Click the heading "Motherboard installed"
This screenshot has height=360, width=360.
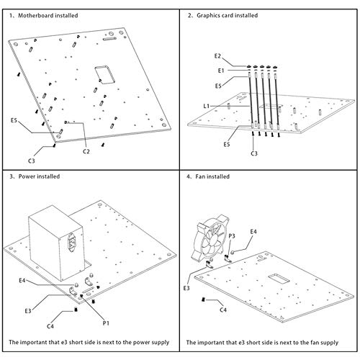[48, 16]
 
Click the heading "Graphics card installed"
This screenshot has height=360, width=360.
[228, 15]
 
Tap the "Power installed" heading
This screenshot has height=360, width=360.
[39, 176]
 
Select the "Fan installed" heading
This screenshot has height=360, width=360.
[212, 176]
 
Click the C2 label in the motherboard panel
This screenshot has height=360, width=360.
[86, 151]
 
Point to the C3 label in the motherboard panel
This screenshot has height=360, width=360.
[32, 161]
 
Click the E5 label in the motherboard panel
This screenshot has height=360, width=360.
[14, 120]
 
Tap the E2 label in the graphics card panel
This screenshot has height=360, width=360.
[217, 56]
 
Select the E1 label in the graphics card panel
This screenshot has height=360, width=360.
[221, 71]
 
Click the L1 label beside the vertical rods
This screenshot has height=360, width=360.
[207, 106]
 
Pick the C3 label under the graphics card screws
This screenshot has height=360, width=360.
[254, 153]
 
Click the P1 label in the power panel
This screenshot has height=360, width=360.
[106, 323]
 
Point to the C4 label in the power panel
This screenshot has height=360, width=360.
[50, 326]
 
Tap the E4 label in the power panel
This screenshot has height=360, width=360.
[22, 280]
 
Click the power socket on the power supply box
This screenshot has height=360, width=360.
[71, 243]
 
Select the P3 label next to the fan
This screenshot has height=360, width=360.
[232, 236]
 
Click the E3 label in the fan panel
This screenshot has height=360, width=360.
[186, 288]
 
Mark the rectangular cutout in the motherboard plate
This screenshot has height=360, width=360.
[104, 74]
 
